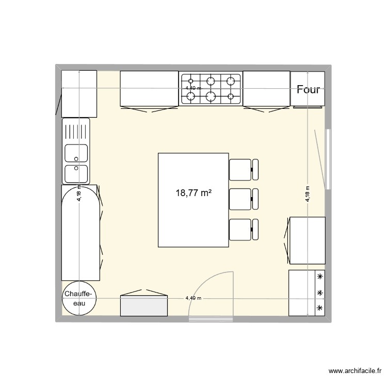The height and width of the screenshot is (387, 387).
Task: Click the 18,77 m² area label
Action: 194,193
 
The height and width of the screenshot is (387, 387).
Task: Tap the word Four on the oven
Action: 309,89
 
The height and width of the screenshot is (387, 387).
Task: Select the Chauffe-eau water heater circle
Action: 78,299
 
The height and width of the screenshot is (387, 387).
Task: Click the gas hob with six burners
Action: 211,88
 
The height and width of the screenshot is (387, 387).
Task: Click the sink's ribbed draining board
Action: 76,131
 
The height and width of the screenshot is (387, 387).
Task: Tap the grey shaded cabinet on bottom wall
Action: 144,305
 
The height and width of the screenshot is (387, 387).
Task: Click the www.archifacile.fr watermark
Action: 356,370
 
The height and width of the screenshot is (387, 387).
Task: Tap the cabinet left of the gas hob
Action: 149,88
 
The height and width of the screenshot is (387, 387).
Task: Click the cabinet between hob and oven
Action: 266,88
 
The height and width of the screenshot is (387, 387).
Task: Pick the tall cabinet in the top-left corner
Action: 79,93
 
